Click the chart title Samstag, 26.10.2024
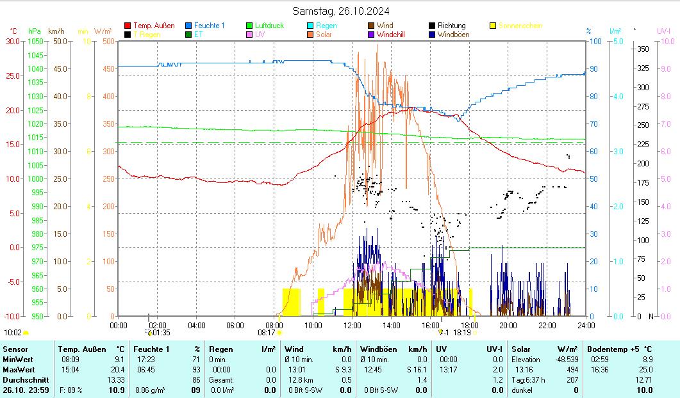(x=340, y=11)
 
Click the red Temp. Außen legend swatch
(x=128, y=26)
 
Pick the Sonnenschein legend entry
(x=520, y=26)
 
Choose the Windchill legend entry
(x=395, y=35)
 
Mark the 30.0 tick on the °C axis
(x=12, y=42)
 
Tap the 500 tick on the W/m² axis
(x=108, y=42)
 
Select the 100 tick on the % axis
(x=595, y=42)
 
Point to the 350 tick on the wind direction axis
(x=644, y=49)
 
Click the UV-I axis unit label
(x=663, y=31)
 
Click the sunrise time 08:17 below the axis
(x=267, y=333)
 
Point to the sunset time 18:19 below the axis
(x=461, y=333)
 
